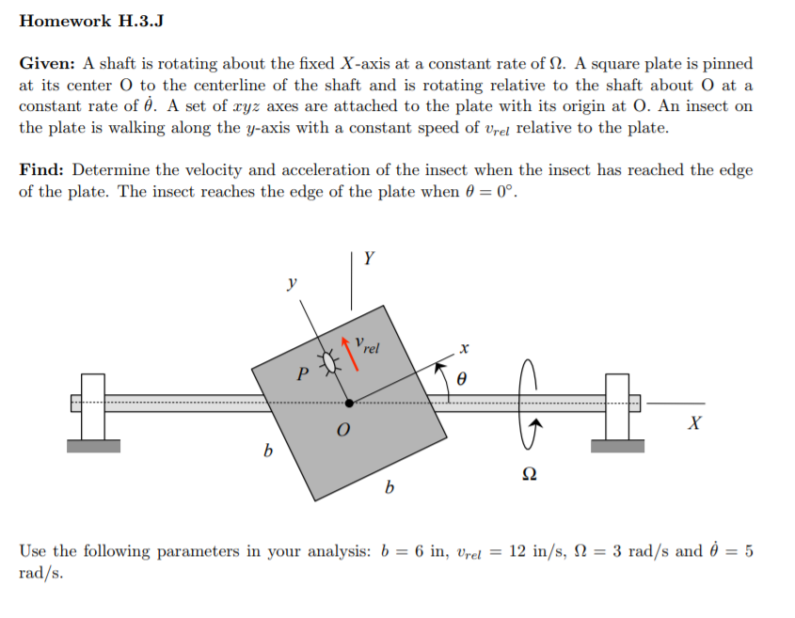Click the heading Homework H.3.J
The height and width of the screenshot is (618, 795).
[x=91, y=22]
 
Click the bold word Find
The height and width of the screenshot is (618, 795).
[x=42, y=170]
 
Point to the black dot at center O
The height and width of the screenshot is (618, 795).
[x=349, y=402]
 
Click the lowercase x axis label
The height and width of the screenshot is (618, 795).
[x=464, y=348]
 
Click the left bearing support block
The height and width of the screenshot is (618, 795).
[x=93, y=408]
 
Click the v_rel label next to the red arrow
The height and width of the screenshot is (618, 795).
[x=368, y=345]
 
